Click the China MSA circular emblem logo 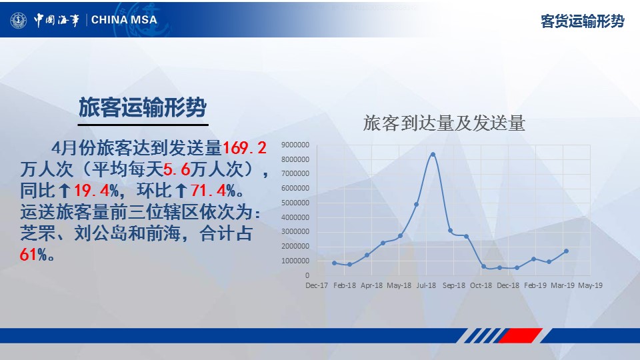coord(19,20)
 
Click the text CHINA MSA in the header coord(124,19)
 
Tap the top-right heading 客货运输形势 coord(583,21)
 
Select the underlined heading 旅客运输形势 coord(143,107)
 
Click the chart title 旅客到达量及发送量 coord(444,123)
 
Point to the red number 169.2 coord(245,148)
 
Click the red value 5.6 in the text coord(177,169)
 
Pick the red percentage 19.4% coord(97,190)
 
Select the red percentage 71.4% coord(213,190)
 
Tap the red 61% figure coord(33,255)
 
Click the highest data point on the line coord(433,154)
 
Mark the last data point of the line coord(566,251)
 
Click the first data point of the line coord(335,263)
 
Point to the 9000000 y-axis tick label coord(295,145)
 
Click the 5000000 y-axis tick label coord(295,203)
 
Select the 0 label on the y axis coord(307,275)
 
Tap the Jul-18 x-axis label coord(426,285)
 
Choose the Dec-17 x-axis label coord(317,285)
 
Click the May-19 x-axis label coord(590,285)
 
